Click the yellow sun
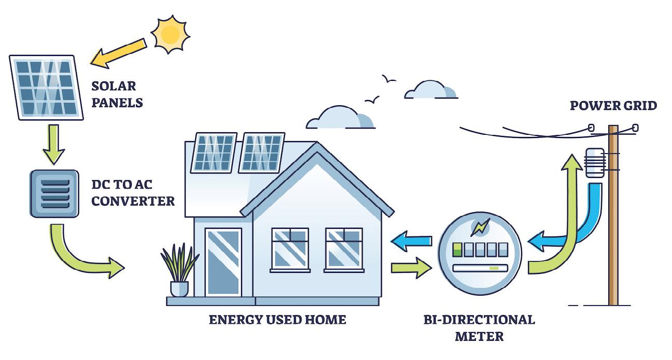[170, 34]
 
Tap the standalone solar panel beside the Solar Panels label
[46, 88]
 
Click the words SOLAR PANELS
[116, 93]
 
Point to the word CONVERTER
[133, 201]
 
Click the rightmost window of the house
[344, 248]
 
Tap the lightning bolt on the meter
[480, 226]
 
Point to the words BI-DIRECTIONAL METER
[479, 327]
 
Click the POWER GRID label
[613, 106]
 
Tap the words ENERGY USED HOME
[277, 320]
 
